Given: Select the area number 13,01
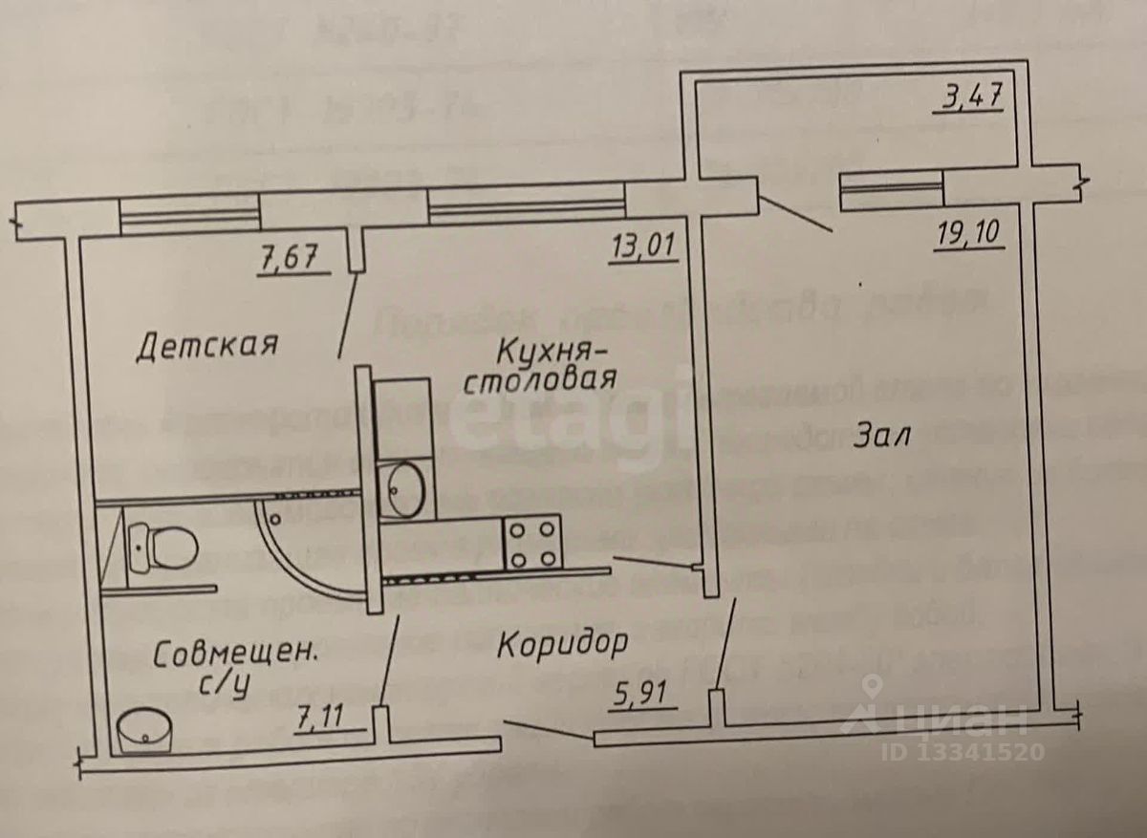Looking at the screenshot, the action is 643,248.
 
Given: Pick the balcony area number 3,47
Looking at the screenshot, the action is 968,98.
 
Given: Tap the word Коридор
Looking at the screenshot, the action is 562,643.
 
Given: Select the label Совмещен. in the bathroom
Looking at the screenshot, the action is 235,656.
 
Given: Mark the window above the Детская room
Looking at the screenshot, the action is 191,214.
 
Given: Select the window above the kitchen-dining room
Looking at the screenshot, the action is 527,204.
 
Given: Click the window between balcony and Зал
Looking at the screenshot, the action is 890,188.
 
